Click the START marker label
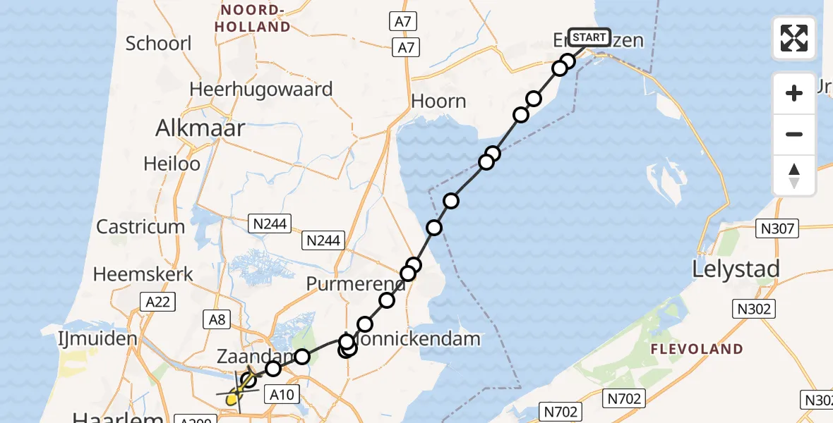coord(589,37)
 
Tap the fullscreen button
coord(794,38)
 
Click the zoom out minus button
coord(794,135)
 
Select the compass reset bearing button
coord(794,176)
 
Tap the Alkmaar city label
coord(200,128)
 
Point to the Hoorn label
coord(438,101)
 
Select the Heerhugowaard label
coord(260,90)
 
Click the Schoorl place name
coord(158,43)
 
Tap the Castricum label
coord(140,227)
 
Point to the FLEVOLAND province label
coord(697,349)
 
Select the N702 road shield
coord(561,411)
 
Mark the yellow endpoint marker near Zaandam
coord(231,400)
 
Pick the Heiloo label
coord(172,164)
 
